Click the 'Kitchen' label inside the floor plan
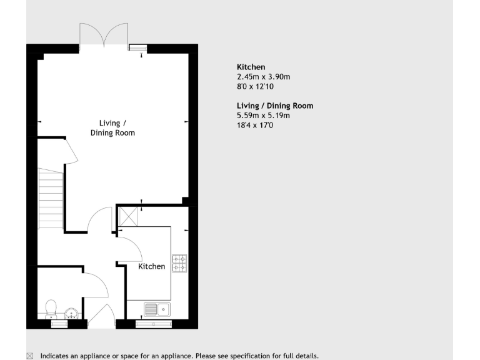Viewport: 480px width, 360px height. point(152,266)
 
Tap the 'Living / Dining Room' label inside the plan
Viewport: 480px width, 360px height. point(112,127)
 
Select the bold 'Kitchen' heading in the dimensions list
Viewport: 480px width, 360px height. point(251,67)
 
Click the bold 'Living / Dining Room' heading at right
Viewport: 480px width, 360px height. point(274,106)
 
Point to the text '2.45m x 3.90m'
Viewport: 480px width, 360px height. point(263,77)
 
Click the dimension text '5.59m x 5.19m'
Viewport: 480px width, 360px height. point(263,115)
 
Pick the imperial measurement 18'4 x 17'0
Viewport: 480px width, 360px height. point(255,125)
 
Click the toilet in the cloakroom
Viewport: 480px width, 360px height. point(51,308)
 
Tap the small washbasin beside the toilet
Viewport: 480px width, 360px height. point(71,312)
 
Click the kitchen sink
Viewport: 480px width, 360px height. point(156,309)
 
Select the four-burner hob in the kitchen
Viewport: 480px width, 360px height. point(179,264)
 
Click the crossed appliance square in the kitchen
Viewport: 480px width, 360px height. point(129,217)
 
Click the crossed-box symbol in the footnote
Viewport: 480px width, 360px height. point(30,356)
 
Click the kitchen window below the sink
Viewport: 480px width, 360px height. point(153,323)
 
